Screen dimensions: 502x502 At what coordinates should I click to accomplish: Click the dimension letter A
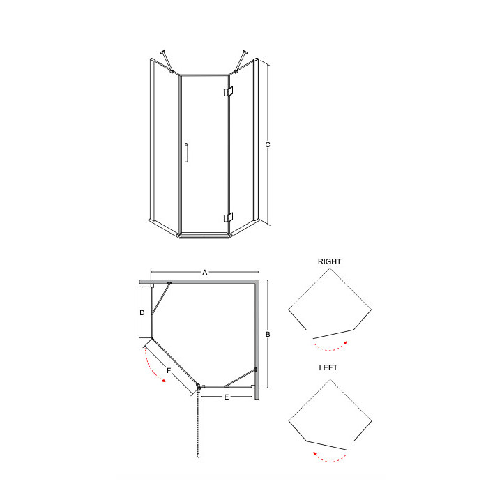(x=205, y=272)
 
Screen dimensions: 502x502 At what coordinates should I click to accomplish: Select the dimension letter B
(x=268, y=334)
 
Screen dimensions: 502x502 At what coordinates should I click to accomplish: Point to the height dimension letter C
(x=268, y=145)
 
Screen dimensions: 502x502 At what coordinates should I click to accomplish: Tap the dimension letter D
(x=142, y=313)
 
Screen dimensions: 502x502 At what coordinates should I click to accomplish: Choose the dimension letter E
(x=227, y=397)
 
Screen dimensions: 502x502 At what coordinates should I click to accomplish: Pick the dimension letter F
(x=169, y=371)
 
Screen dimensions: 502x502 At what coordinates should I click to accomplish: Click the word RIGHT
(x=329, y=261)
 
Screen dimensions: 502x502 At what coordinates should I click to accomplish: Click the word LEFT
(x=328, y=367)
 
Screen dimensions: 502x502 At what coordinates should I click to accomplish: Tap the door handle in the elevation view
(x=186, y=153)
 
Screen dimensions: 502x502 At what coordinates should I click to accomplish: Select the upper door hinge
(x=228, y=91)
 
